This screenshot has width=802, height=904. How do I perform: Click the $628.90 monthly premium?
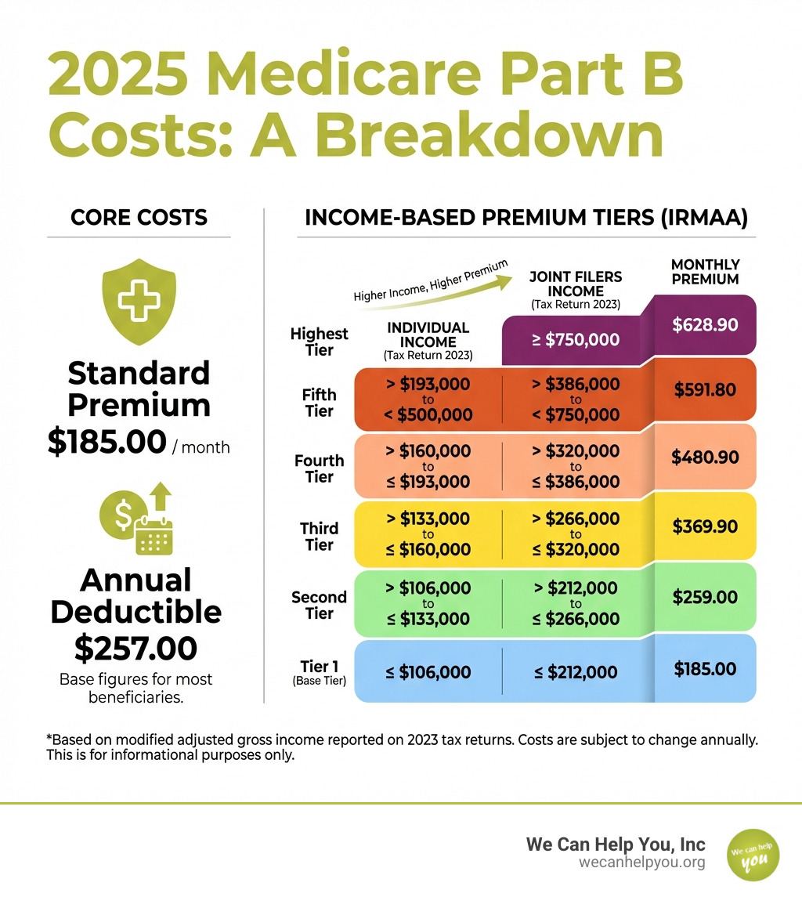tap(705, 324)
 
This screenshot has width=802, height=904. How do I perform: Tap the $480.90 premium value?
tap(705, 458)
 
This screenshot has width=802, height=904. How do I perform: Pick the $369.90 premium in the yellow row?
tap(705, 526)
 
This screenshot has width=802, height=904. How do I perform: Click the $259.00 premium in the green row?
tap(705, 598)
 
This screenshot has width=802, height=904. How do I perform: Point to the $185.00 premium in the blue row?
tap(705, 669)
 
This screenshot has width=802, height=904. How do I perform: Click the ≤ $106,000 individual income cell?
tap(428, 672)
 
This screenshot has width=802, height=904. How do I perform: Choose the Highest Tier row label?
tap(319, 342)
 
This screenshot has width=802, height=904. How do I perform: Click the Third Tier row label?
tap(319, 537)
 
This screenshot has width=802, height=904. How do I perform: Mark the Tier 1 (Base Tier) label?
tap(319, 672)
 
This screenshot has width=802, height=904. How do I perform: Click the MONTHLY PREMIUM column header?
tap(705, 272)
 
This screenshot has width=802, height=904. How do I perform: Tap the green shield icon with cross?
tap(139, 302)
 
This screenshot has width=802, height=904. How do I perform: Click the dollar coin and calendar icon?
tap(138, 518)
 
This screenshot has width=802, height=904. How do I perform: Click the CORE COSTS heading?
tap(139, 217)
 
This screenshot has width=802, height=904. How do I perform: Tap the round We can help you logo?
tap(753, 855)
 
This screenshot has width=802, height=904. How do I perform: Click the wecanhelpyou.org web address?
tap(641, 862)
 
